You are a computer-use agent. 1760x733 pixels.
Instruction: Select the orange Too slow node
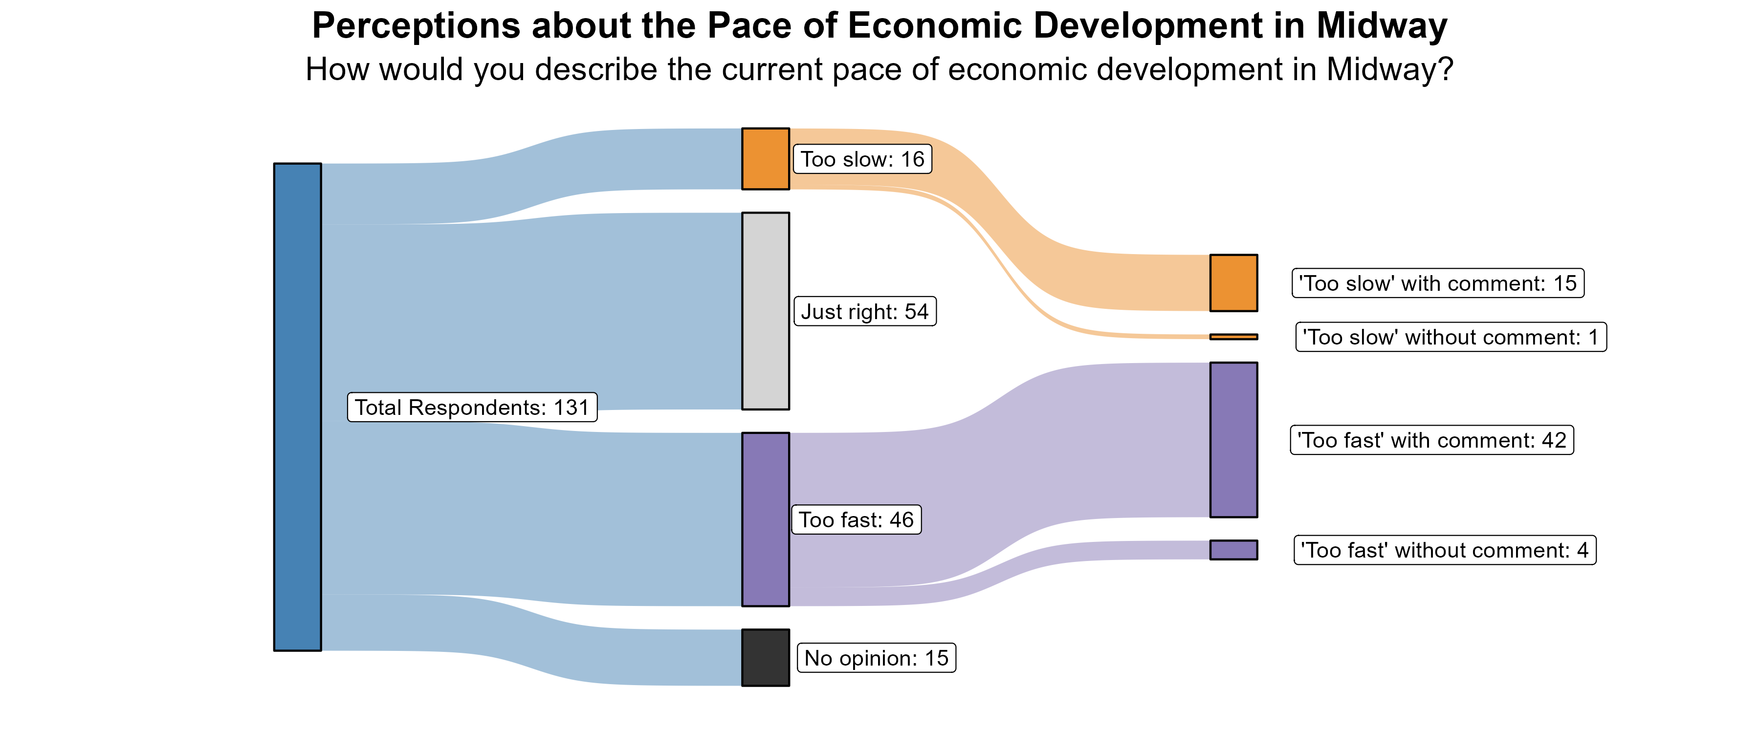point(765,158)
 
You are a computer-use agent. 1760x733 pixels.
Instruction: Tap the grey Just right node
point(765,311)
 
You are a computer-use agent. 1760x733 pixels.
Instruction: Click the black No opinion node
point(765,657)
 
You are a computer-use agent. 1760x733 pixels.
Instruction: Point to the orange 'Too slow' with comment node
point(1233,283)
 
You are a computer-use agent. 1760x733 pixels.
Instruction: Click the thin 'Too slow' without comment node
point(1233,337)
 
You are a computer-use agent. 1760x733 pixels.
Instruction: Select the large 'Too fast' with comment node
point(1233,439)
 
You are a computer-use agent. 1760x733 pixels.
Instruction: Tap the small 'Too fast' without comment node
point(1233,550)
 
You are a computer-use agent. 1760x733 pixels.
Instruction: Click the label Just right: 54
point(864,311)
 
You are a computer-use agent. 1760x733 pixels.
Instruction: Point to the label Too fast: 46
point(856,520)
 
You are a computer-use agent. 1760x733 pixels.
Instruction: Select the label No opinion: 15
point(876,658)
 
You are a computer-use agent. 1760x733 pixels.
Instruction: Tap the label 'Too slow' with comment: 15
point(1437,283)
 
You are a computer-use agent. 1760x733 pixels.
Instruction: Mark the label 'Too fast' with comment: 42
point(1431,440)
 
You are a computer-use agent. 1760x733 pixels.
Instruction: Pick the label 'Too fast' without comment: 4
point(1444,550)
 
